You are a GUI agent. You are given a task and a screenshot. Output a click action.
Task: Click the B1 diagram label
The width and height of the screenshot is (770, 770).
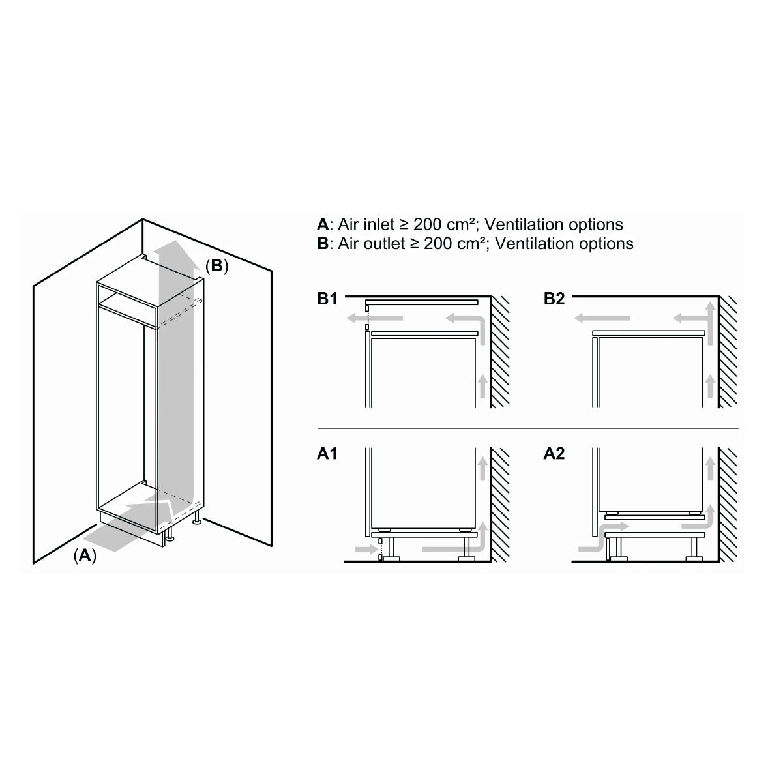(327, 299)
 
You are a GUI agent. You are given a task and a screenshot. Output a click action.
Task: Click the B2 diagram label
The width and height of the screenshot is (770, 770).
(554, 299)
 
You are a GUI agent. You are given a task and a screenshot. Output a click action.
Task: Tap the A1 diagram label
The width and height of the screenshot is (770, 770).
(327, 453)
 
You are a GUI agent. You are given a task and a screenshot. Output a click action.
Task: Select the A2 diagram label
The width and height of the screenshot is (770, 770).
(554, 453)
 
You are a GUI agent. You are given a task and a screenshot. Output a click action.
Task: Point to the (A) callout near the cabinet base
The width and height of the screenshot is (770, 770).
(85, 555)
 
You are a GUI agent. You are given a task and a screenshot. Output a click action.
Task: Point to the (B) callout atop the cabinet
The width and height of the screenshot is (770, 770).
(216, 265)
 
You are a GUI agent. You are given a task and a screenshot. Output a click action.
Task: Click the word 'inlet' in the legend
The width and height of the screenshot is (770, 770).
(379, 224)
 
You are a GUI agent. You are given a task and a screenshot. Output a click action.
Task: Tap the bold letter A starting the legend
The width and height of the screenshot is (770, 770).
(323, 224)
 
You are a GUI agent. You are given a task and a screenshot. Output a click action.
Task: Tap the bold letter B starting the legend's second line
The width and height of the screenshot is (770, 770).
(323, 244)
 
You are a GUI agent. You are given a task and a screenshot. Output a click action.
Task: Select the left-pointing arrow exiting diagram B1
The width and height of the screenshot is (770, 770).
(375, 318)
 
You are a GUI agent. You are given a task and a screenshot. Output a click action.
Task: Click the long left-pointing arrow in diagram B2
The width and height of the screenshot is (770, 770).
(602, 318)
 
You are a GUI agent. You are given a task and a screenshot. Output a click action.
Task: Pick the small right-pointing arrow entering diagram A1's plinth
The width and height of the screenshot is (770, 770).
(366, 548)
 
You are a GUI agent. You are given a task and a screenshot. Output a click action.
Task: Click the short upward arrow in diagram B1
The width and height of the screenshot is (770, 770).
(482, 385)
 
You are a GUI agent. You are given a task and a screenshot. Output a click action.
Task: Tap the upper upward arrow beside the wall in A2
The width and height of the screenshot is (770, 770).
(710, 468)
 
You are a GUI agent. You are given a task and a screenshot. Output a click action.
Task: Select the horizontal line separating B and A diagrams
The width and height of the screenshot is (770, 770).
(528, 428)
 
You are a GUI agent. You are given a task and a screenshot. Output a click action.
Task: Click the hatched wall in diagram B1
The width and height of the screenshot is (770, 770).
(500, 352)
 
